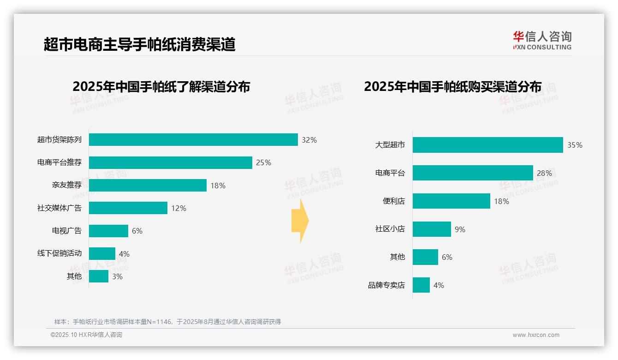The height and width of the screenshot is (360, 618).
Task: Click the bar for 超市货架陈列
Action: click(x=193, y=139)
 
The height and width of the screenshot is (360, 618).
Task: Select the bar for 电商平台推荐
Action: click(x=171, y=162)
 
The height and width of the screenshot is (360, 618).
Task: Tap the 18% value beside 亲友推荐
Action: click(x=218, y=186)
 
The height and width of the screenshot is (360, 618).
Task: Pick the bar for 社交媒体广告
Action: click(x=128, y=208)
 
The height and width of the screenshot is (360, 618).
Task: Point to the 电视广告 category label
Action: click(x=66, y=231)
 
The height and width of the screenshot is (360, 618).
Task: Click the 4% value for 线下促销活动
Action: click(x=124, y=254)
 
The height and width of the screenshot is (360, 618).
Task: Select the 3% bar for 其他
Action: click(x=99, y=276)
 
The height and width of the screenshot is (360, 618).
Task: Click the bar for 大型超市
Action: click(x=487, y=145)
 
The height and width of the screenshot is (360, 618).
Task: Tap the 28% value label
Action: click(x=544, y=173)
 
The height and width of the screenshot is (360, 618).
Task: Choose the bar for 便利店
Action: click(x=451, y=201)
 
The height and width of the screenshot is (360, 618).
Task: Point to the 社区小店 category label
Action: click(x=390, y=229)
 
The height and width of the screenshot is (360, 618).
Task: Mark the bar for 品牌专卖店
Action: click(x=421, y=285)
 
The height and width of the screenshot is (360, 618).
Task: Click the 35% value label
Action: click(x=575, y=145)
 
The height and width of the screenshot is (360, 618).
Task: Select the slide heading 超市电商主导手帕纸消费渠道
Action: click(x=139, y=44)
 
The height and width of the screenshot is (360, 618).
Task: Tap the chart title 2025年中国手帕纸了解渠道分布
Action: click(x=161, y=87)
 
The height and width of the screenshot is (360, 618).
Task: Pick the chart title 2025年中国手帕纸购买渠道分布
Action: click(x=452, y=87)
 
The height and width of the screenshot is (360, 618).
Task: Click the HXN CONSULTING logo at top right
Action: click(x=542, y=41)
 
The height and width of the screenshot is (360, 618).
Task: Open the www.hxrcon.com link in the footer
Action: click(x=535, y=335)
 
